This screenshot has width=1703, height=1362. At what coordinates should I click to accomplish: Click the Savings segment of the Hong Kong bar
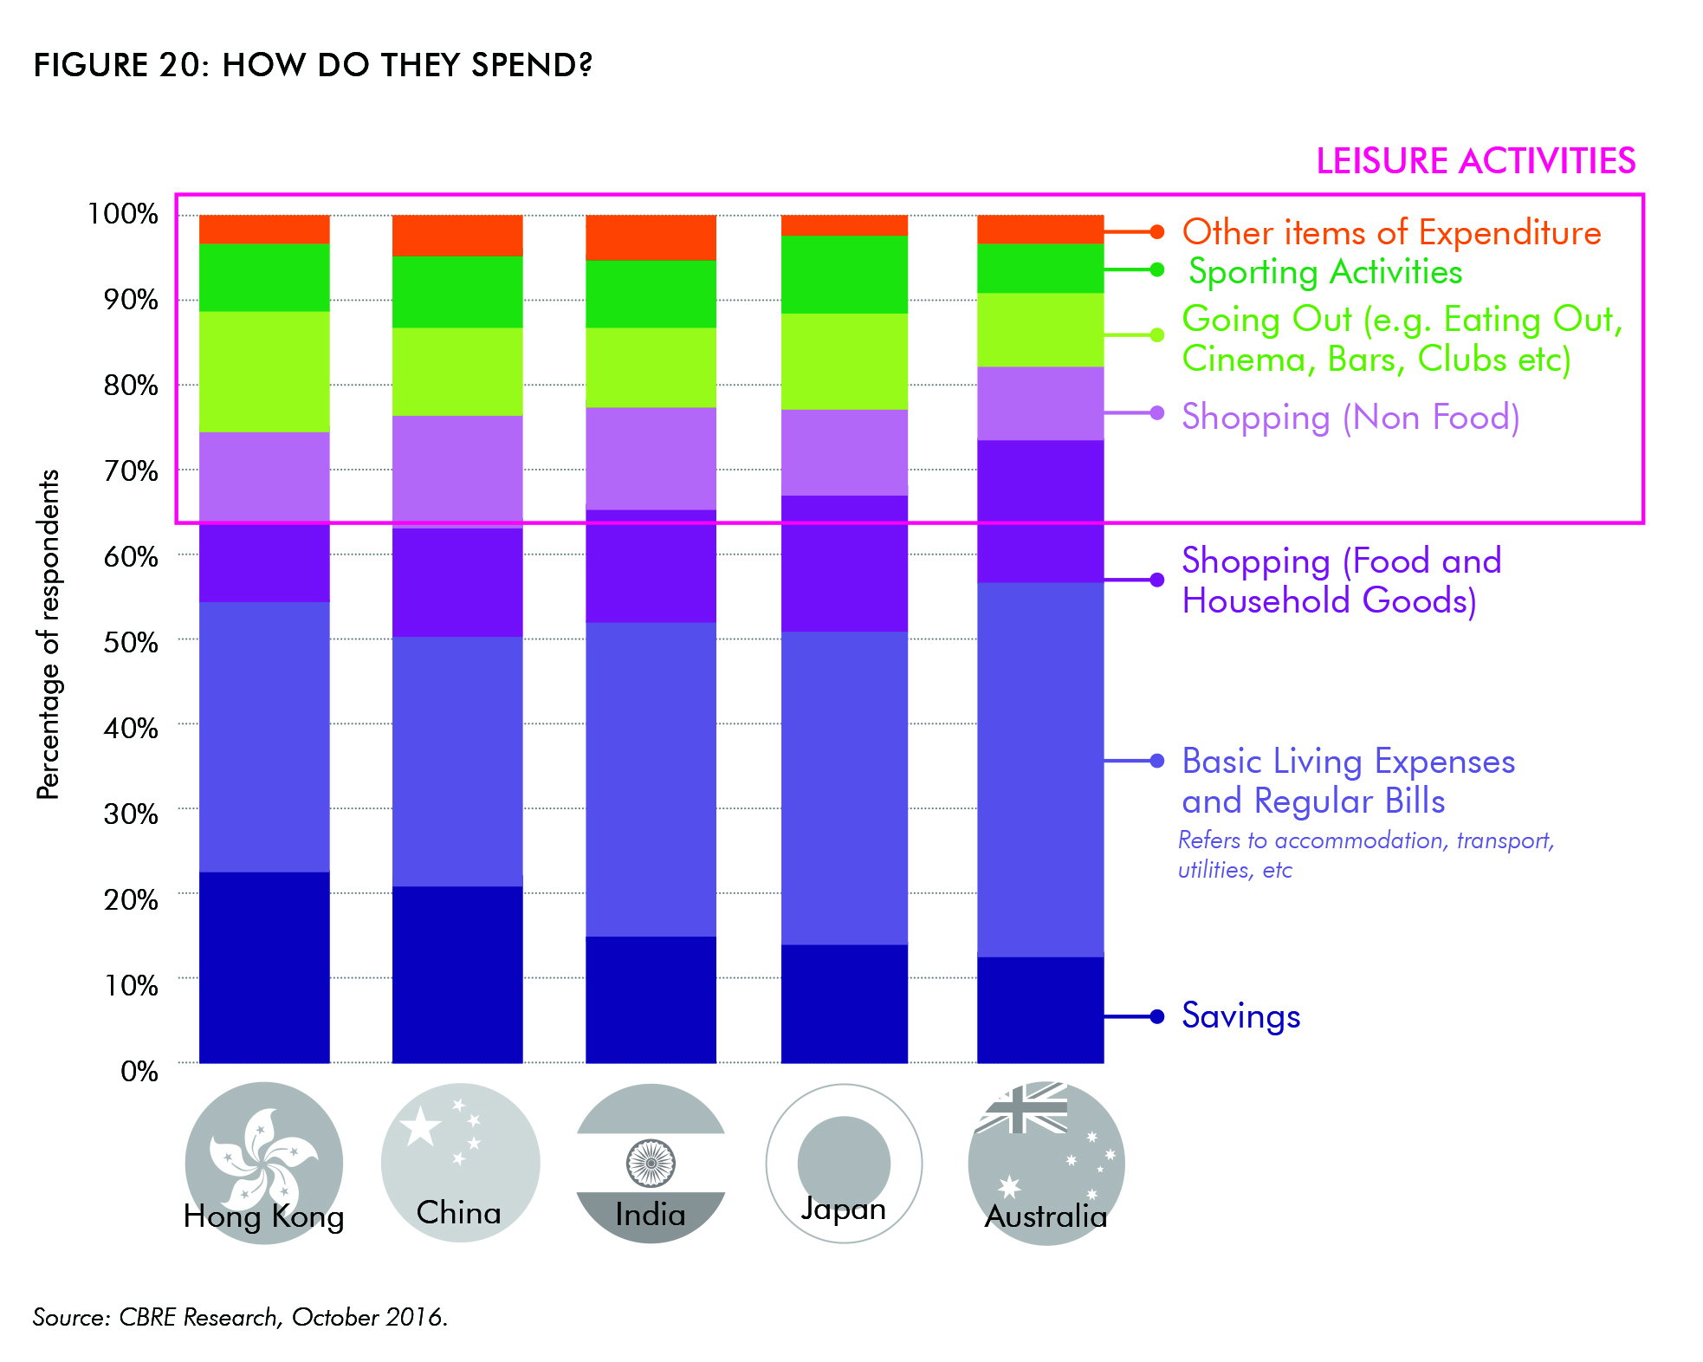264,967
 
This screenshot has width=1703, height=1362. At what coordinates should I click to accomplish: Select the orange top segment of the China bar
457,235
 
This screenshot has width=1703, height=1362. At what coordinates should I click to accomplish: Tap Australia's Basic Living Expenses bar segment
1039,769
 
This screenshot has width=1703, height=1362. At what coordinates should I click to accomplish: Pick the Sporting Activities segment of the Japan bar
845,274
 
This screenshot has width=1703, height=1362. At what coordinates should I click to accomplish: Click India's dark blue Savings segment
651,999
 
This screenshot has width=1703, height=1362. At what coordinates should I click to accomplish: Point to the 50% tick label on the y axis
131,642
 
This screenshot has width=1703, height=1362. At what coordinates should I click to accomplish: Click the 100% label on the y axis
123,214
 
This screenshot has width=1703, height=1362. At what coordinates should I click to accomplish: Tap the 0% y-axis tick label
139,1072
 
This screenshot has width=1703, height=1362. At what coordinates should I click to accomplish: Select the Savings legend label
1240,1016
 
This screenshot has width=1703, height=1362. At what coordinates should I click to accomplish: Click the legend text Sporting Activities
1325,272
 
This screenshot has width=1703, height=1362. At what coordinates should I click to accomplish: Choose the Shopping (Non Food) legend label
1350,417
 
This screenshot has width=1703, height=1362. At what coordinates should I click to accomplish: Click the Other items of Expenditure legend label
1391,232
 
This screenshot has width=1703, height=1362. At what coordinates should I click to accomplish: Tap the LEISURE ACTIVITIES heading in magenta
1475,161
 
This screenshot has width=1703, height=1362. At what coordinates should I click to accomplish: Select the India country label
651,1215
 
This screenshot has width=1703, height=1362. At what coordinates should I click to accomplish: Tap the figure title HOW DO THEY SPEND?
313,65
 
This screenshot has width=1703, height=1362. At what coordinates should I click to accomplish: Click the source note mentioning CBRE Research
240,1317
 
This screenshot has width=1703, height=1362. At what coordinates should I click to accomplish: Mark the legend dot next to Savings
1157,1016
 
